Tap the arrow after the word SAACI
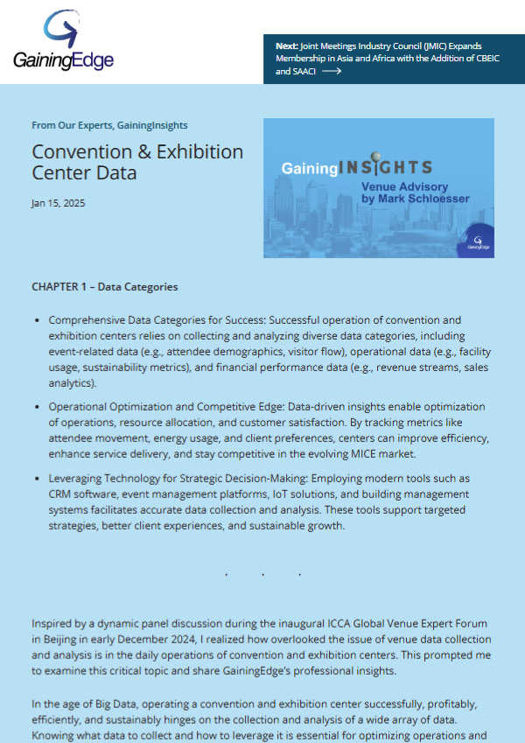(x=331, y=72)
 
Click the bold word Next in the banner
(x=286, y=46)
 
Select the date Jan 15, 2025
(x=59, y=203)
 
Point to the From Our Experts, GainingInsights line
(x=109, y=125)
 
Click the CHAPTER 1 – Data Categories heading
(x=104, y=286)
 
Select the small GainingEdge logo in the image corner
(x=477, y=242)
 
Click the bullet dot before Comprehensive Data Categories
(x=37, y=320)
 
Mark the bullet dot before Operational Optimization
(x=37, y=407)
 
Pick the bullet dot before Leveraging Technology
(x=37, y=479)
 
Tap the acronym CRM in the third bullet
(x=61, y=494)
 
